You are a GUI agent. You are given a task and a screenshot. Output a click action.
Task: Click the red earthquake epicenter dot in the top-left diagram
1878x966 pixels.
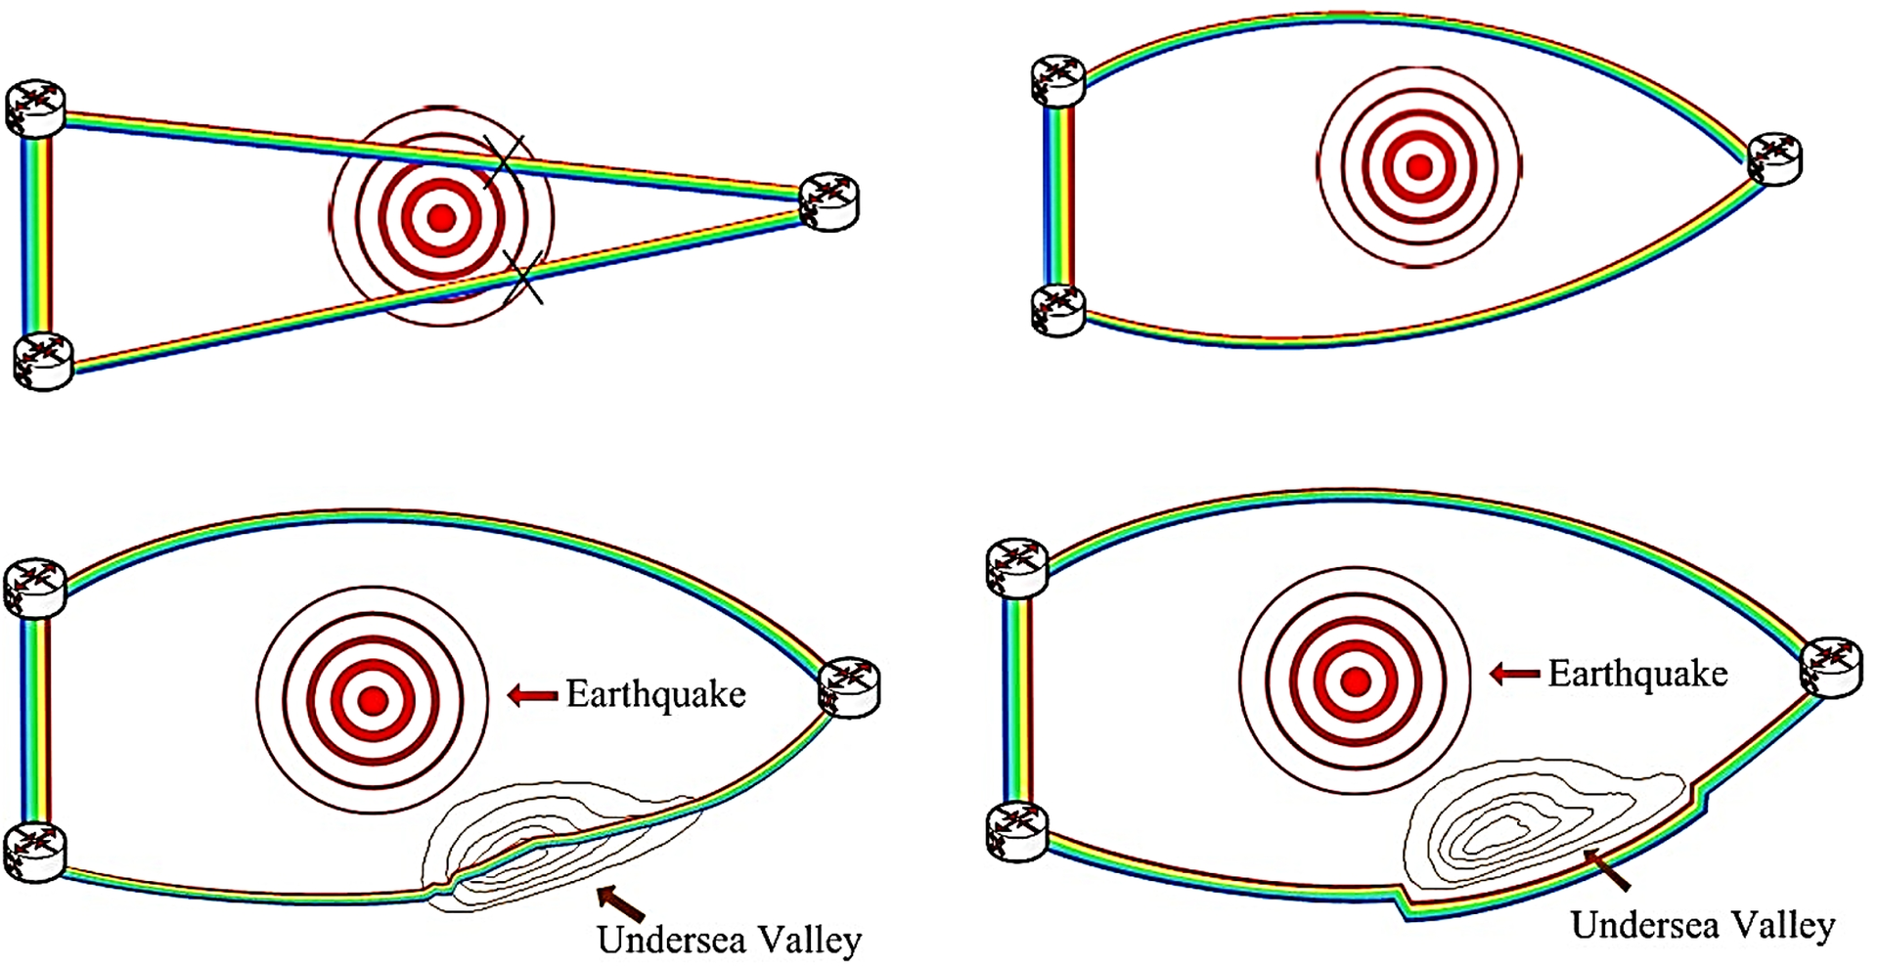click(x=442, y=217)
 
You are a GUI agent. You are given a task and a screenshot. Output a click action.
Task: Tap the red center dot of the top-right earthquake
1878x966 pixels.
click(x=1419, y=167)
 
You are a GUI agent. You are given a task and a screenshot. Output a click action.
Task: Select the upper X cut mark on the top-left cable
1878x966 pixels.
click(x=505, y=161)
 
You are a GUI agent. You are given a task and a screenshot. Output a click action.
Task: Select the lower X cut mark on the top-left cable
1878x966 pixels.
click(x=522, y=275)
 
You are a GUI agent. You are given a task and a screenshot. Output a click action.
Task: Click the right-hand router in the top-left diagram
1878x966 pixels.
click(x=829, y=202)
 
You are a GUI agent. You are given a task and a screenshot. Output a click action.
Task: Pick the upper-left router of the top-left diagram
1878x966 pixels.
click(x=35, y=108)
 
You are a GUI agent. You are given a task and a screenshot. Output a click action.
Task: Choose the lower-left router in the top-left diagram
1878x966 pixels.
click(x=44, y=361)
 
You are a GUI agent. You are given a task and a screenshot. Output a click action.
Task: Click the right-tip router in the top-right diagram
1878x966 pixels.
click(x=1774, y=159)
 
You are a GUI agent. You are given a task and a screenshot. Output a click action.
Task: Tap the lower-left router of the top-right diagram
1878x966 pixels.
click(x=1058, y=310)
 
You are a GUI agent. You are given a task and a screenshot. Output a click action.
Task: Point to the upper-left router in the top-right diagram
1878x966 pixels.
click(x=1058, y=79)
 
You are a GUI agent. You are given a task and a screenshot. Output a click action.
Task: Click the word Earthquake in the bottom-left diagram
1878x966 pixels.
click(x=655, y=695)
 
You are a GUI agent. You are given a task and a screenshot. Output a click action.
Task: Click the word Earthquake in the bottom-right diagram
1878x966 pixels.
click(x=1637, y=675)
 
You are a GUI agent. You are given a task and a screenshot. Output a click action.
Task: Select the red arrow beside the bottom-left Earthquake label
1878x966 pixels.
click(x=532, y=695)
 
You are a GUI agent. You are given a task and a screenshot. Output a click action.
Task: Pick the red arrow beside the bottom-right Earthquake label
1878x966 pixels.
click(x=1514, y=674)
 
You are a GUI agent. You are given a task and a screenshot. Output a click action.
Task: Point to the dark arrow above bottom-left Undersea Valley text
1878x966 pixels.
click(x=620, y=902)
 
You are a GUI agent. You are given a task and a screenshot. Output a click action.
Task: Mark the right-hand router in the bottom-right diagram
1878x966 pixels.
click(x=1832, y=667)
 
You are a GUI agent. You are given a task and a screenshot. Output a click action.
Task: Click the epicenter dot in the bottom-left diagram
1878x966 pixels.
click(x=372, y=700)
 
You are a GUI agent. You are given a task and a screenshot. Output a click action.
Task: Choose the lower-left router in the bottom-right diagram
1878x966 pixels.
click(x=1018, y=832)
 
